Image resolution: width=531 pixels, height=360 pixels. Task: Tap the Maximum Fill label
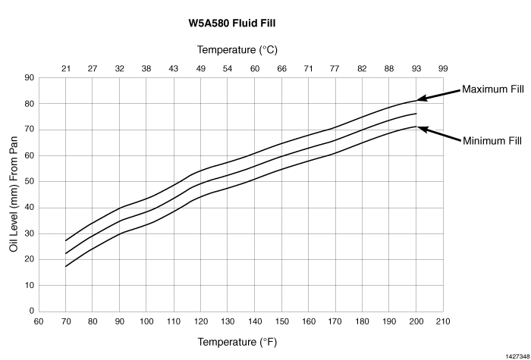(x=493, y=89)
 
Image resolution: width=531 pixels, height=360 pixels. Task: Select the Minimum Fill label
(x=492, y=140)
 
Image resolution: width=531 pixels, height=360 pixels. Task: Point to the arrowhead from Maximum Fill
(x=419, y=99)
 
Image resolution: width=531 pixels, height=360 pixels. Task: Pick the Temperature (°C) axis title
(x=238, y=50)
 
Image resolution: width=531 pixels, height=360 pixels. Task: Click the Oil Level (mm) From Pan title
(x=14, y=195)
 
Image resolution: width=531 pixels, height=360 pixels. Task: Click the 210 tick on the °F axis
(x=443, y=321)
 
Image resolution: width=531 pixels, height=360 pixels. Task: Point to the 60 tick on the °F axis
(x=39, y=321)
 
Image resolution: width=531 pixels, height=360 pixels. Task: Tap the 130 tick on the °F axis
(x=228, y=321)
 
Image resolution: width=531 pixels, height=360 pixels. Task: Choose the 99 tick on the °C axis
(x=443, y=69)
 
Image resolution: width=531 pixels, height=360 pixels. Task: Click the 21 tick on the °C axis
(x=66, y=69)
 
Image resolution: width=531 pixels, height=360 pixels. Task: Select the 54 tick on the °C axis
(x=228, y=69)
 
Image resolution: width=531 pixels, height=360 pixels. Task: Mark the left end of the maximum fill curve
(x=66, y=240)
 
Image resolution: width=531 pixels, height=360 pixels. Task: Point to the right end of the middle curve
(x=416, y=114)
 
